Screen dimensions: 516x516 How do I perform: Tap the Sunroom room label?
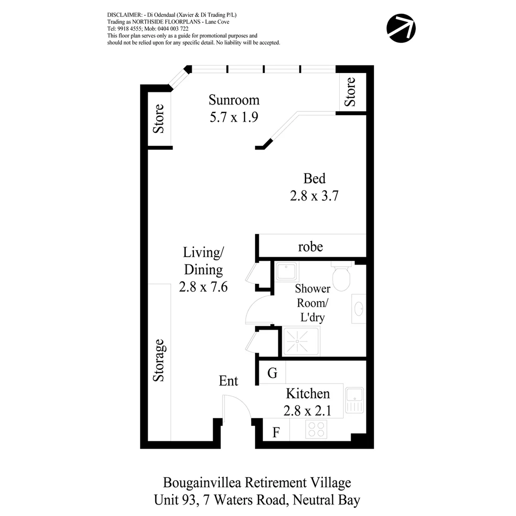click(234, 100)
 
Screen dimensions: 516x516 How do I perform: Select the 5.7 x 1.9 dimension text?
click(234, 117)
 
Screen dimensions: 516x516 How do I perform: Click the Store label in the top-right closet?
click(351, 92)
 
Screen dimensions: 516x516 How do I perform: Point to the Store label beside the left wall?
click(159, 118)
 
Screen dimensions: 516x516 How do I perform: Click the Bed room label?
click(314, 179)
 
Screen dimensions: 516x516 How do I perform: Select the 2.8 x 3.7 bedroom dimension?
click(314, 196)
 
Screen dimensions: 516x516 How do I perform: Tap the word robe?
click(311, 247)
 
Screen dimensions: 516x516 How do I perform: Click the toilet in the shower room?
click(342, 276)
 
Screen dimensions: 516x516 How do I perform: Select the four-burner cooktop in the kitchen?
click(316, 430)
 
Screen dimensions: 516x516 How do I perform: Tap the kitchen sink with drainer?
click(354, 400)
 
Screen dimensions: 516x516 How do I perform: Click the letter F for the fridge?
click(276, 433)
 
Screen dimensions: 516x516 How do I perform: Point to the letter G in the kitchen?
click(272, 373)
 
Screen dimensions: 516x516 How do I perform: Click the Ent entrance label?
click(228, 381)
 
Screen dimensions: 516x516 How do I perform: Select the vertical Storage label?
click(159, 360)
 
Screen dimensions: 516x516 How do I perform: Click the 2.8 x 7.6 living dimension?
click(203, 287)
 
